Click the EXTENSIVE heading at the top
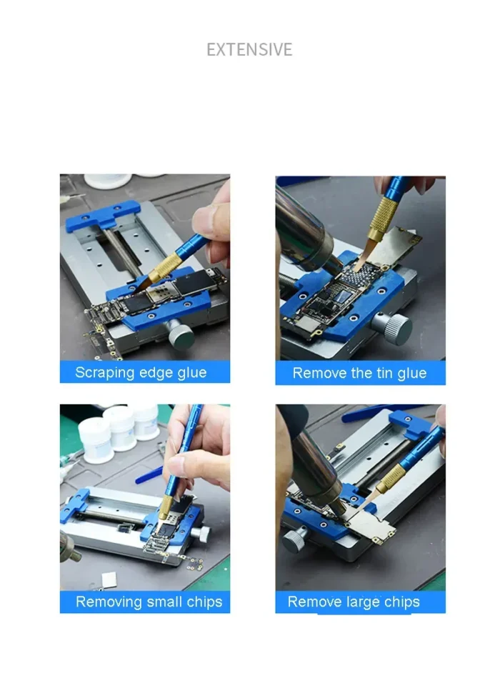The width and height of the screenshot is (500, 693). click(x=249, y=49)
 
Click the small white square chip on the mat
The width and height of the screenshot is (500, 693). click(x=109, y=579)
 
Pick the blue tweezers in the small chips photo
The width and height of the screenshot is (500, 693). click(x=149, y=474)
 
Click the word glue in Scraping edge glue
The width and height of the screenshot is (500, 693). click(x=191, y=373)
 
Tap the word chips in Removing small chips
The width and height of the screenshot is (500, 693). click(x=204, y=602)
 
